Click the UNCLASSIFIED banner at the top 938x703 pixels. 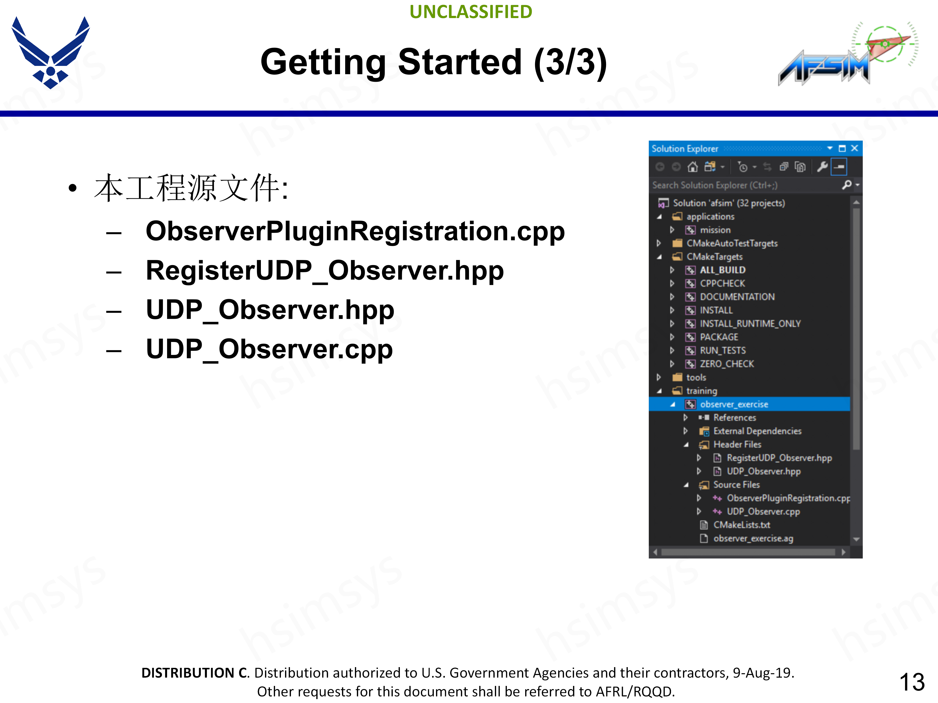(x=471, y=12)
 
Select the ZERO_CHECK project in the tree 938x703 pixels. (x=727, y=364)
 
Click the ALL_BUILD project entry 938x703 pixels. (x=723, y=270)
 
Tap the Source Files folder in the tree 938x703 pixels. (x=736, y=485)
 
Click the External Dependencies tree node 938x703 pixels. (x=757, y=431)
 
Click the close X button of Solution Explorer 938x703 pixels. (x=854, y=148)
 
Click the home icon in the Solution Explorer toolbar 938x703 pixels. (x=693, y=167)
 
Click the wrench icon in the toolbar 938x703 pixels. (x=822, y=167)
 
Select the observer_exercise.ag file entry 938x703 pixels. (x=753, y=538)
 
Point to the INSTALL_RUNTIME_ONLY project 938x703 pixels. (x=750, y=324)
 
